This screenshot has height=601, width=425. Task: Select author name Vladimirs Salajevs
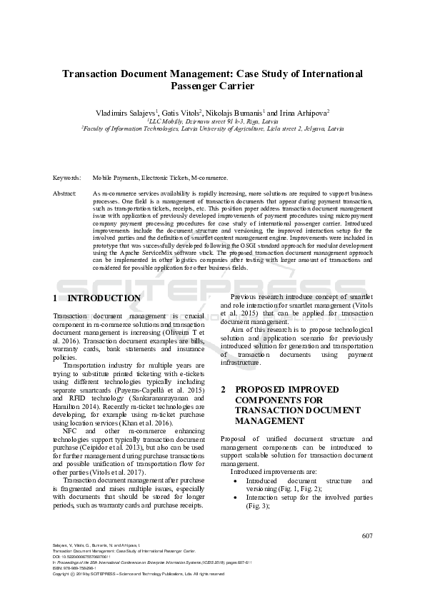click(126, 113)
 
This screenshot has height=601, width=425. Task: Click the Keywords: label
click(66, 177)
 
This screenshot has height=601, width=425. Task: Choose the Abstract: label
click(65, 193)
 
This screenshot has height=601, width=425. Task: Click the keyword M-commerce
click(211, 177)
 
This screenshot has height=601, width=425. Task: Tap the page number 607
click(367, 536)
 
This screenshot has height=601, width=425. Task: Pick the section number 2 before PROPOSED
click(223, 390)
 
